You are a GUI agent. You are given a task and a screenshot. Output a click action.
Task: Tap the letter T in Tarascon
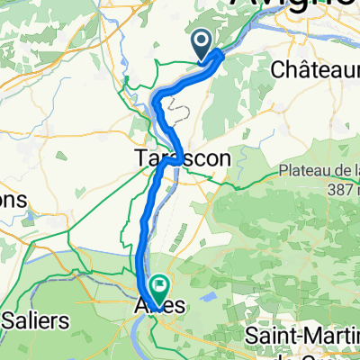[x=141, y=158]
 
